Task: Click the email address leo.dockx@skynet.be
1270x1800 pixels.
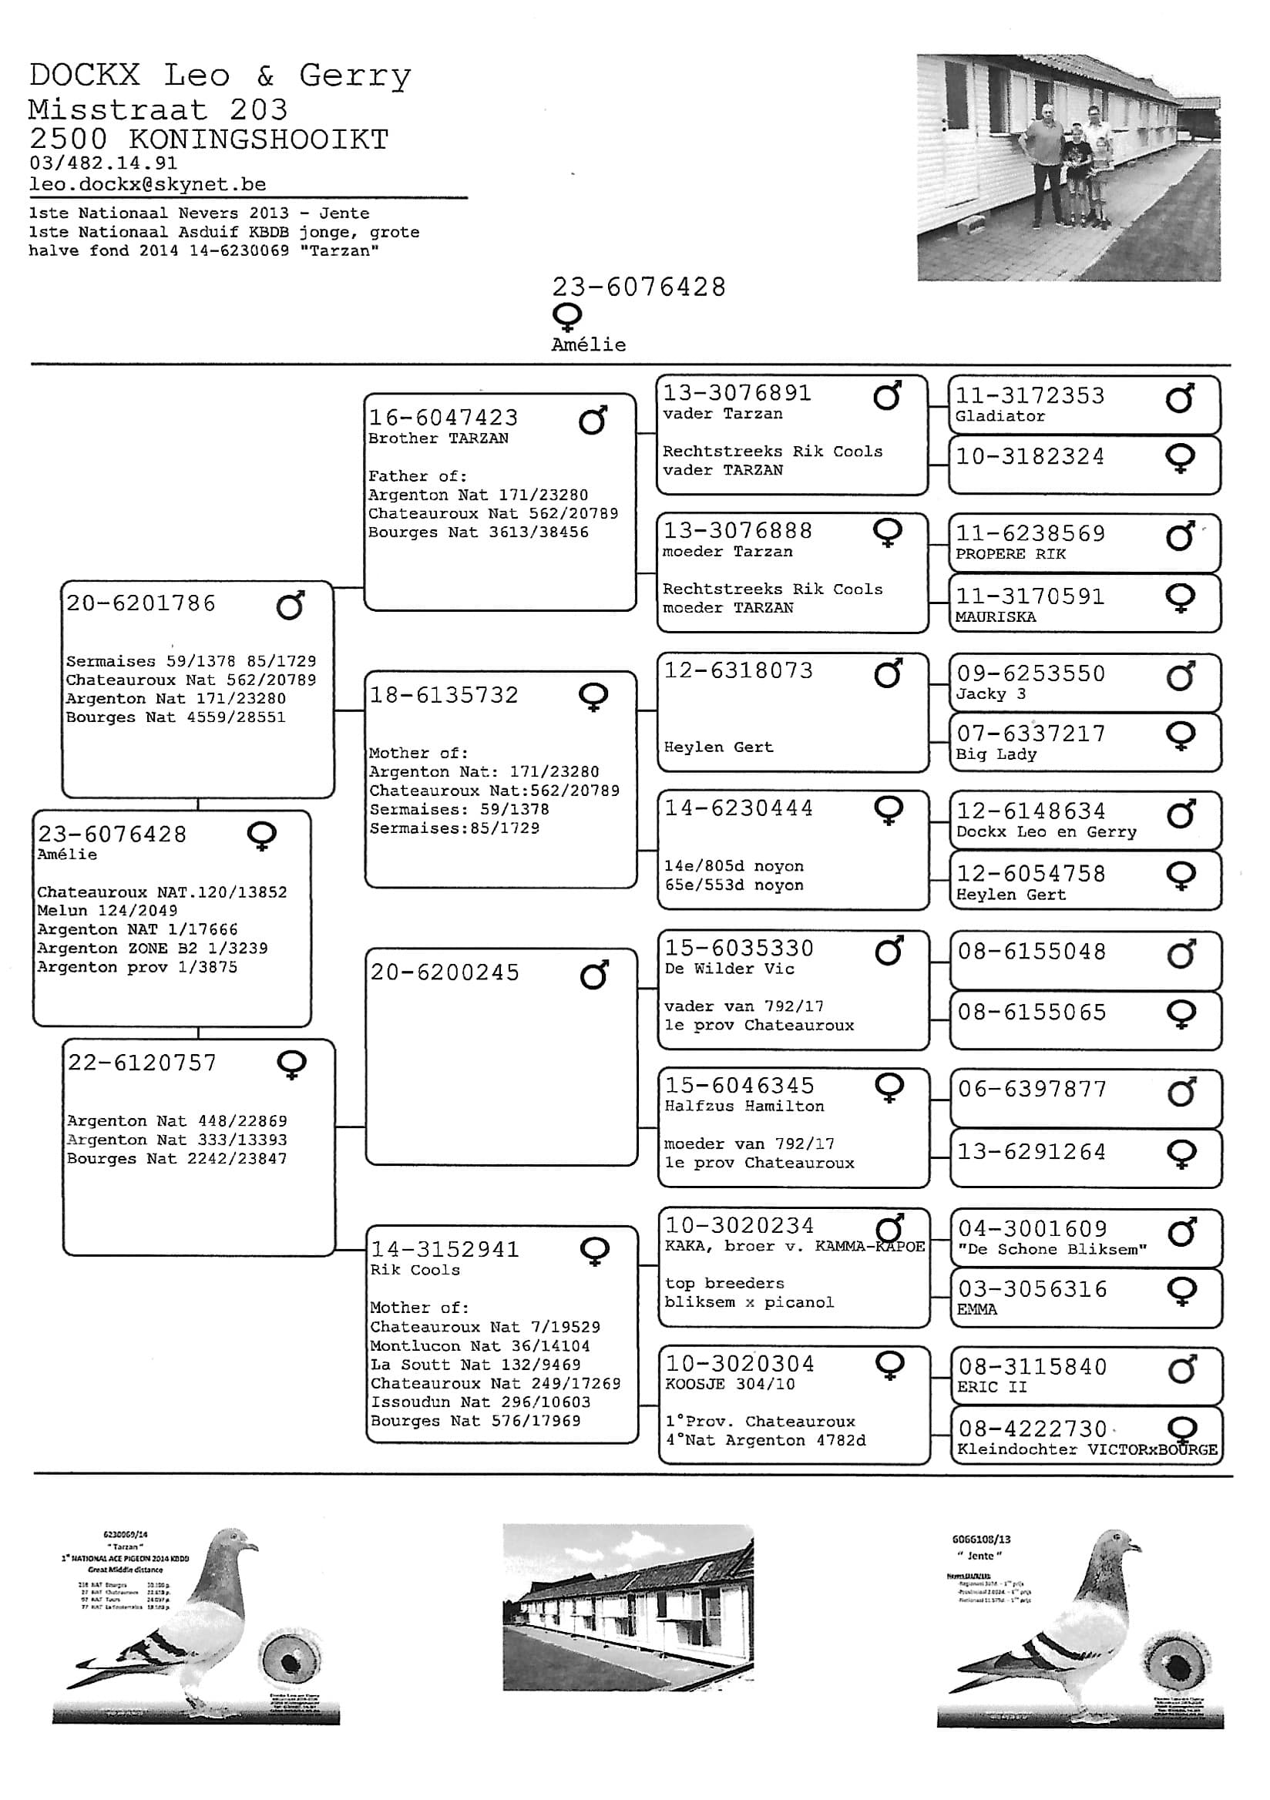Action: [147, 184]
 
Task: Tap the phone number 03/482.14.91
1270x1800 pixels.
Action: [102, 163]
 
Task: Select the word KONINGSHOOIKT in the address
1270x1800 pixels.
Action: [259, 139]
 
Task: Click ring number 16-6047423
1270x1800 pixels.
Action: [444, 418]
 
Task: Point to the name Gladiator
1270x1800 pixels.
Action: [1000, 416]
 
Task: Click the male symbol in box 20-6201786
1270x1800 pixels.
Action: [290, 605]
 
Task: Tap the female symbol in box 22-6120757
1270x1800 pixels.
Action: [291, 1066]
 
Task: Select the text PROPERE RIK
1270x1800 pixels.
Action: [1010, 554]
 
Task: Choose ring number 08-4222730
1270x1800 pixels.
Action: [1033, 1429]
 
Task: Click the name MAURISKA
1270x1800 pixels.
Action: [996, 617]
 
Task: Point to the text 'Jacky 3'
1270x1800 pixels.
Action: [991, 693]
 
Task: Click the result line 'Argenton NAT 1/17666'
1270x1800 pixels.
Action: [137, 930]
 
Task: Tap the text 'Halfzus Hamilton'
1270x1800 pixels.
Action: [744, 1107]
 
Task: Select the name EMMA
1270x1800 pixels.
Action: [977, 1309]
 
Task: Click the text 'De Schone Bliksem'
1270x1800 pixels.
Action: [1051, 1250]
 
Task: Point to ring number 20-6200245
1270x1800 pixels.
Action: [445, 973]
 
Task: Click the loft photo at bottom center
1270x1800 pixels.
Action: [628, 1607]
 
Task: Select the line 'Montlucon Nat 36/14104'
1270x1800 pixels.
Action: [480, 1346]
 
